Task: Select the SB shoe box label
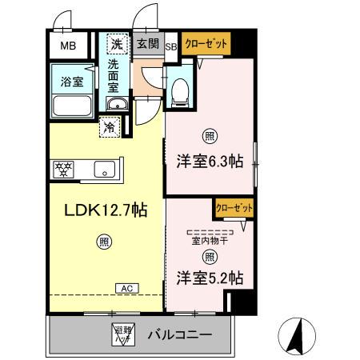[170, 46]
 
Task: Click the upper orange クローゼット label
[205, 43]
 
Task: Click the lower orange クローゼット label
[234, 208]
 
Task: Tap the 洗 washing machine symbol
[117, 44]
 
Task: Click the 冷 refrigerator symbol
[109, 126]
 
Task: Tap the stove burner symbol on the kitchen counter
[62, 169]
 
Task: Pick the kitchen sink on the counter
[105, 169]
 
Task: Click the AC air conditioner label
[126, 287]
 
